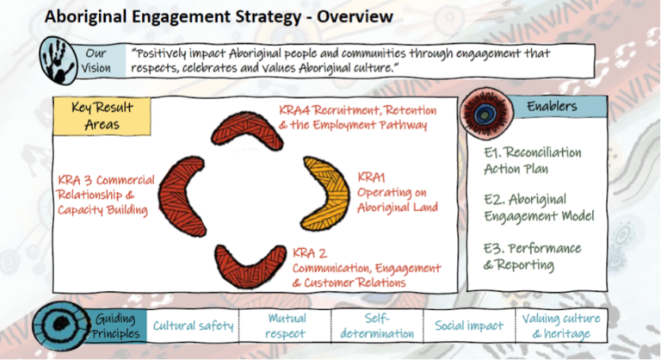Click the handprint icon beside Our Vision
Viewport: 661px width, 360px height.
tap(59, 60)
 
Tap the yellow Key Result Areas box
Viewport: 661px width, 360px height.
tap(102, 116)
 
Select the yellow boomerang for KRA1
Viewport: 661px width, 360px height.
tap(326, 194)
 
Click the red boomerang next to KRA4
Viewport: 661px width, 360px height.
tap(247, 129)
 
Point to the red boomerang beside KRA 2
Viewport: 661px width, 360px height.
tap(250, 265)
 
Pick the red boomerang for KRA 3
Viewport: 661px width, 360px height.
tap(182, 196)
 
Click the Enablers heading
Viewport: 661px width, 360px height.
tap(552, 106)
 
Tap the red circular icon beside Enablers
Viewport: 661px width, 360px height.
tap(486, 113)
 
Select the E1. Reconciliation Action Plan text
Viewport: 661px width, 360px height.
tap(533, 160)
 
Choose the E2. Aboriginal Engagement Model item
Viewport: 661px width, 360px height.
tap(539, 208)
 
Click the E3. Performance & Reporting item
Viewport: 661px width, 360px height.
tap(532, 256)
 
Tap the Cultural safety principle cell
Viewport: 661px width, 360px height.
tap(193, 326)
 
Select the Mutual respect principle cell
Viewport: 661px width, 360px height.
tap(286, 326)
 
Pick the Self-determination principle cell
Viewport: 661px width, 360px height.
tap(377, 326)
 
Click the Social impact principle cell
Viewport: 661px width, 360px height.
tap(469, 326)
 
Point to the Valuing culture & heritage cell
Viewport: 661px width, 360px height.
tap(561, 326)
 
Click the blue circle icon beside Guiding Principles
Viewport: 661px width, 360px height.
tap(61, 326)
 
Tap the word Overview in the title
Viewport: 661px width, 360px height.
tap(355, 17)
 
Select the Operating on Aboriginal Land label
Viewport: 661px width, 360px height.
tap(398, 200)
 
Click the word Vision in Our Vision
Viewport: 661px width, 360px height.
tap(96, 68)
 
